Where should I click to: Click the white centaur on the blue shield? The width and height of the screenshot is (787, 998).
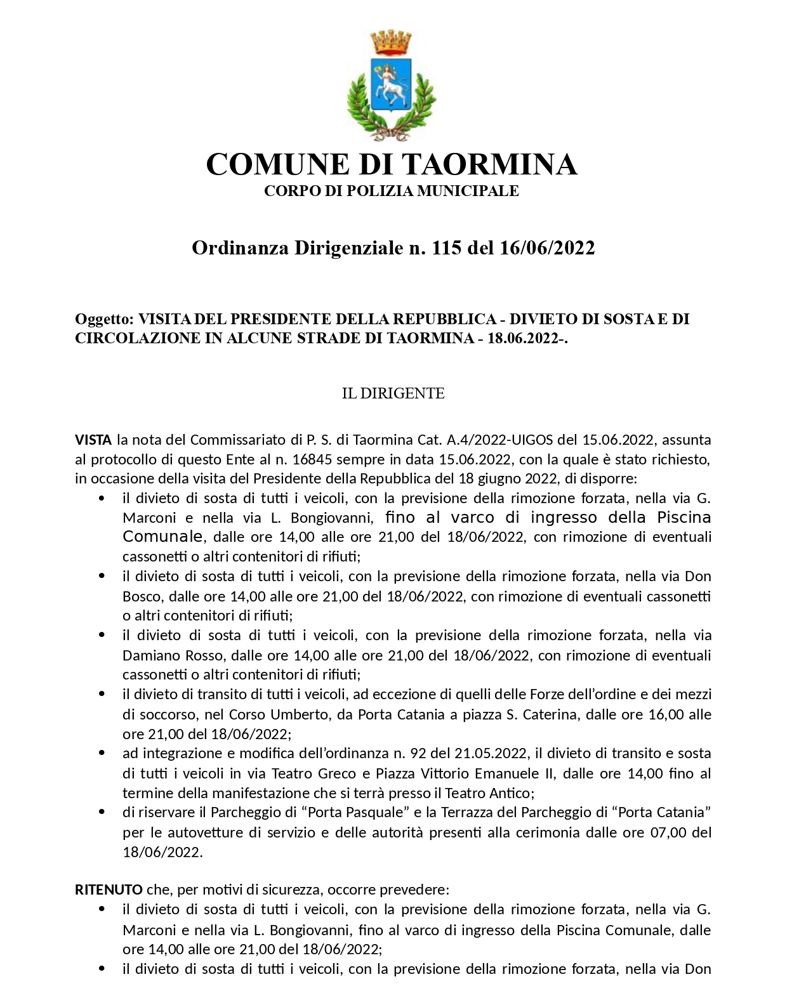(x=391, y=88)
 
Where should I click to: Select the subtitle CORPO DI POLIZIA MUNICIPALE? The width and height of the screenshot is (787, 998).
(x=392, y=191)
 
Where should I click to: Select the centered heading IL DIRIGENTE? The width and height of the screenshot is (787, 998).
(x=393, y=393)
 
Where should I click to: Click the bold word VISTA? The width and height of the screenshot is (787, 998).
(x=93, y=440)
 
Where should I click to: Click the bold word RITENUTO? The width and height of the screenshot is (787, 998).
(x=109, y=890)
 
